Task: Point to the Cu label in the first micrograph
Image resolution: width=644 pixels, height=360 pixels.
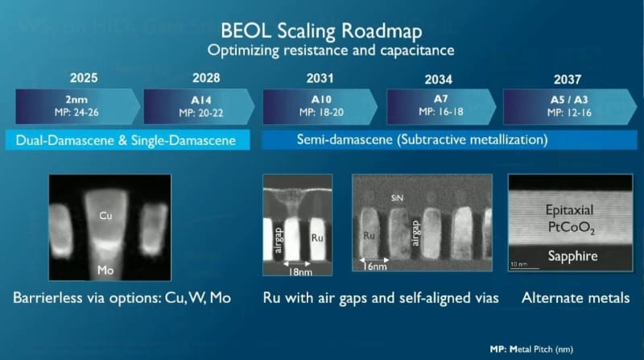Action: (x=106, y=216)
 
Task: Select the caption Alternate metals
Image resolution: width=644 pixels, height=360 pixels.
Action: (x=576, y=298)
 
